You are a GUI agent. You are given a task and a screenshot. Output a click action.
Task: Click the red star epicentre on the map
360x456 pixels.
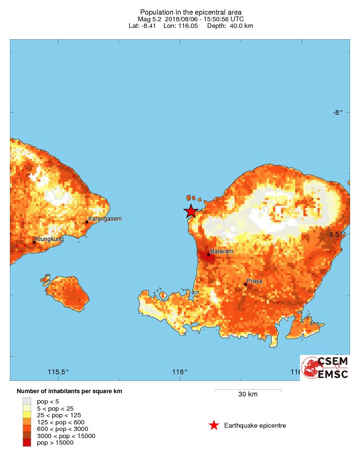(191, 211)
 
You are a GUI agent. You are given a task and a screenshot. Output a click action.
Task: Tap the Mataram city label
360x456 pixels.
(222, 251)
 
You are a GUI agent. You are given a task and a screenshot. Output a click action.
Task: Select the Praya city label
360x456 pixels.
(254, 281)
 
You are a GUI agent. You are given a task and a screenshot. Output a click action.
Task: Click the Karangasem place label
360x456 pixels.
(105, 219)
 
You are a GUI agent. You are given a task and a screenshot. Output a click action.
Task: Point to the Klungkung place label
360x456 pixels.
(49, 239)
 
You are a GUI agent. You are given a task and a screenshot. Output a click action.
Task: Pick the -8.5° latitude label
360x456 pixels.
(337, 234)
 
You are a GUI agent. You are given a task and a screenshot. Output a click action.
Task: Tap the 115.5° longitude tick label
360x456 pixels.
(59, 372)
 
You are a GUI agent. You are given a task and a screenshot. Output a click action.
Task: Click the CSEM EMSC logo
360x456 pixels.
(326, 368)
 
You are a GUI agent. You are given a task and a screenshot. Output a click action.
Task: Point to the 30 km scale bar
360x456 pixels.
(248, 391)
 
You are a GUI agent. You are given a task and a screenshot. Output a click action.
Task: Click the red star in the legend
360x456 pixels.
(214, 425)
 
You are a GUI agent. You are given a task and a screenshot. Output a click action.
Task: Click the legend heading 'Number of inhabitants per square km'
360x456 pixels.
(69, 391)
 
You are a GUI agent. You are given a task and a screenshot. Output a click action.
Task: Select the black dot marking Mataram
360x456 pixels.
(208, 254)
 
